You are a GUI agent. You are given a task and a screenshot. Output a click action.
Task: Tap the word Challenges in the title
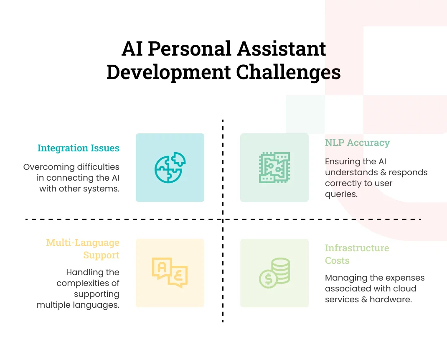[288, 72]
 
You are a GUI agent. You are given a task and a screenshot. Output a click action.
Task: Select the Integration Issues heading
[78, 148]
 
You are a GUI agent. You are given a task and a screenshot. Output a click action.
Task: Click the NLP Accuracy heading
[357, 143]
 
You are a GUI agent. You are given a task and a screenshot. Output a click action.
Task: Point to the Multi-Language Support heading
[83, 249]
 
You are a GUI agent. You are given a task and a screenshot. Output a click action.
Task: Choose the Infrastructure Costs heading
[357, 254]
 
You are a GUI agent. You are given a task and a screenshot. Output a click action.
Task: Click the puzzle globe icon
[170, 168]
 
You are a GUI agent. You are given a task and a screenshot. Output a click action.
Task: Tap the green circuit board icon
[274, 168]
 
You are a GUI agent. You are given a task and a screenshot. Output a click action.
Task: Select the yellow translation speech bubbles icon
[170, 273]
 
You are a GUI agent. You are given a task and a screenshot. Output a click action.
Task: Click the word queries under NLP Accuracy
[341, 194]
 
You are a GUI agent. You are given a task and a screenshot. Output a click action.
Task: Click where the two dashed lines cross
[223, 219]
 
